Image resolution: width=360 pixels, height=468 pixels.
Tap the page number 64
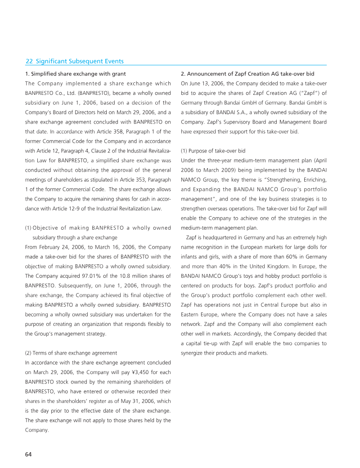pyautogui.click(x=28, y=454)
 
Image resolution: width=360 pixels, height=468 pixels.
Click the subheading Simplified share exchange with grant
pyautogui.click(x=75, y=74)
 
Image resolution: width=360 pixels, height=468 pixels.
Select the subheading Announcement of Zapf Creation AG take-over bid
pyautogui.click(x=247, y=74)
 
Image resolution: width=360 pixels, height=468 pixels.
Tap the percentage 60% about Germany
pyautogui.click(x=283, y=256)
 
